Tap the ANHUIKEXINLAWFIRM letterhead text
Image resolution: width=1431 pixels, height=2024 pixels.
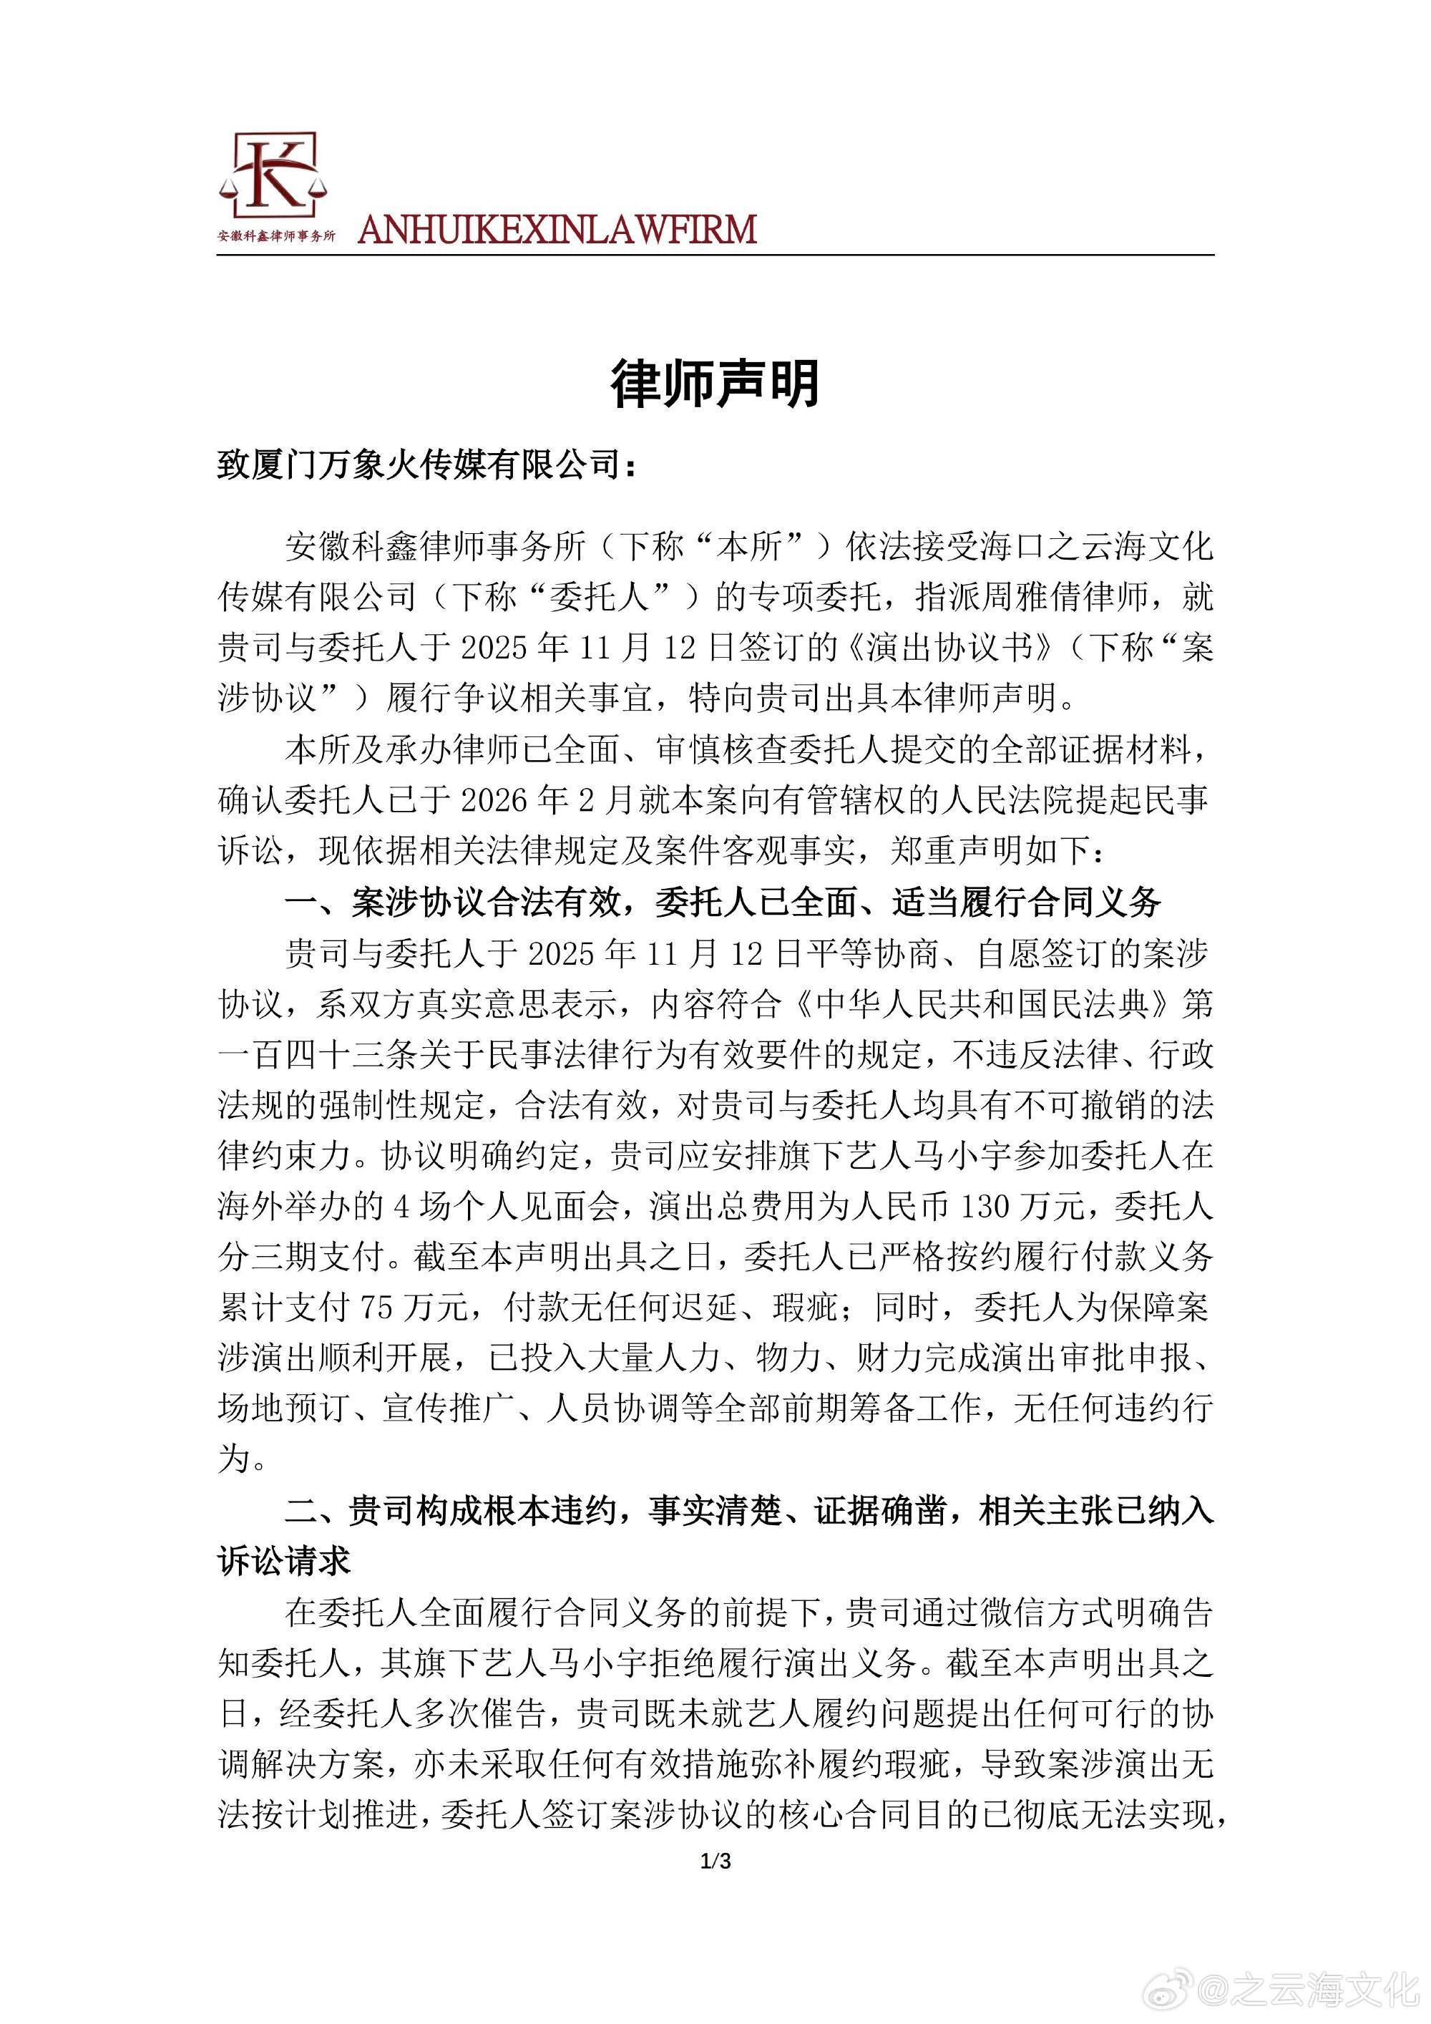click(x=557, y=229)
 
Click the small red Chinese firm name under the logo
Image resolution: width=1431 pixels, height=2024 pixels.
click(x=277, y=237)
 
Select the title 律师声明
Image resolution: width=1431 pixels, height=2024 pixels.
click(x=715, y=384)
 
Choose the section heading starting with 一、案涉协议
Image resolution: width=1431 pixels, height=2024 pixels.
click(x=723, y=901)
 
